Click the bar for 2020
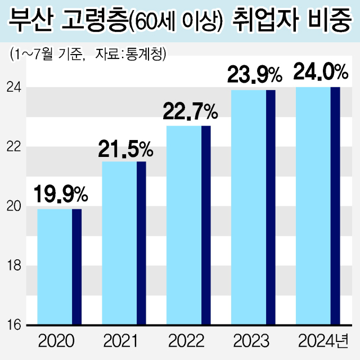59,267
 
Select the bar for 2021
124,244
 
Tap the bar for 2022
188,226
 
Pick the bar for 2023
254,208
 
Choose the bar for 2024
318,206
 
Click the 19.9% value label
60,194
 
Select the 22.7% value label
190,112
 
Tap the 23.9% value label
254,75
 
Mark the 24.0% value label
319,73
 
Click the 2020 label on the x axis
56,341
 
